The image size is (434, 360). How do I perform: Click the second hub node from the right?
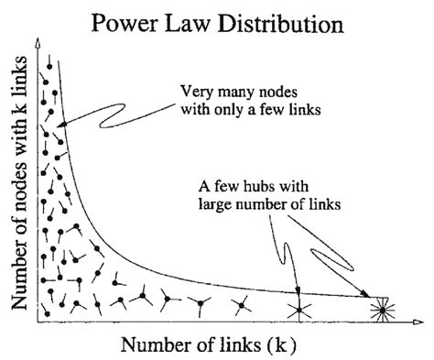pos(300,310)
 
